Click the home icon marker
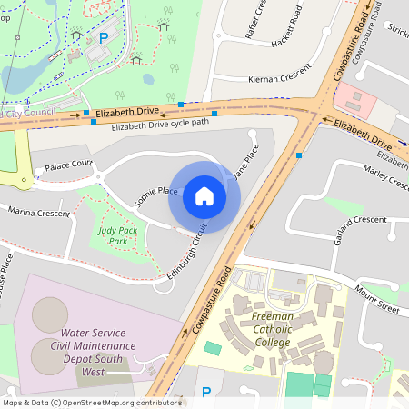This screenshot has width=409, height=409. [x=204, y=195]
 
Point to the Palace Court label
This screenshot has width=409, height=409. [x=69, y=165]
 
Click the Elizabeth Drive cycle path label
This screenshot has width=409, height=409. [x=160, y=124]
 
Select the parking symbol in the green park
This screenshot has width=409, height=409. [x=103, y=38]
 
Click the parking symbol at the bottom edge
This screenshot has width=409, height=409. [x=206, y=392]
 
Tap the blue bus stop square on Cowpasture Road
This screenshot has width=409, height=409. [x=298, y=155]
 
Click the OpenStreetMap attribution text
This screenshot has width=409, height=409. [x=91, y=403]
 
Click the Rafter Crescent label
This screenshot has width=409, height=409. [x=257, y=18]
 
